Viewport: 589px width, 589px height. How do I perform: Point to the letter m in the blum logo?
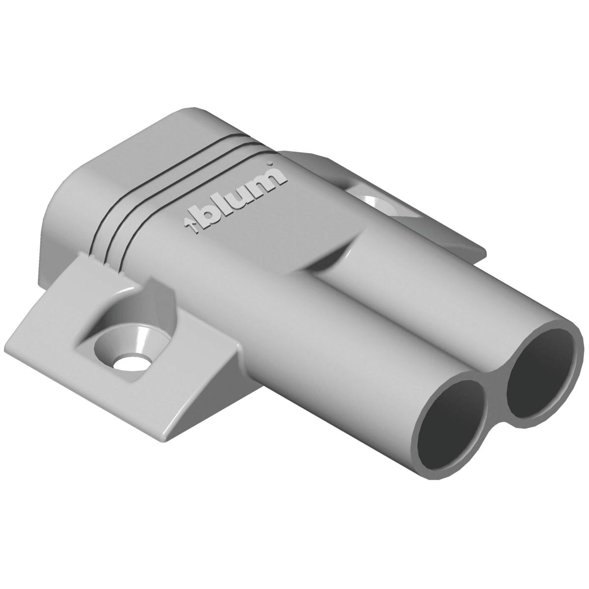coord(268,181)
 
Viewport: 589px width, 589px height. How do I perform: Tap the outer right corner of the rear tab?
coord(483,253)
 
